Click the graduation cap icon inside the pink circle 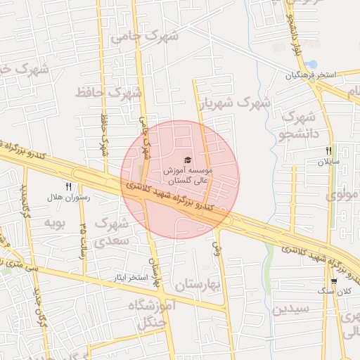pos(187,160)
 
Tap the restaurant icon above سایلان pos(328,150)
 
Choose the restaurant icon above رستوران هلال pos(68,186)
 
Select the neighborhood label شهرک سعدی pos(112,232)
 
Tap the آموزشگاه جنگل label pos(152,314)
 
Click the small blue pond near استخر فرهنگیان pos(311,65)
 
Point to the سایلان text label pos(328,162)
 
